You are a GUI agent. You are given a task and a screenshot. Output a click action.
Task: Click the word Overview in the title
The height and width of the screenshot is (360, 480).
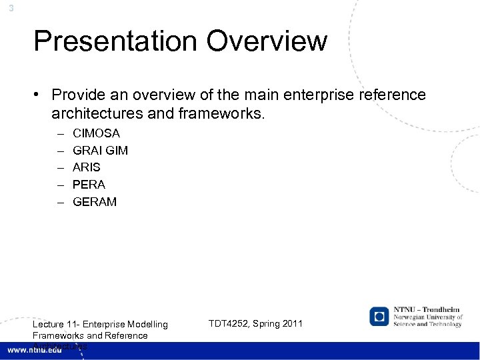click(267, 41)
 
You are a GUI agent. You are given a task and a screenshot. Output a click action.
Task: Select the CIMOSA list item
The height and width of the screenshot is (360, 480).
click(96, 134)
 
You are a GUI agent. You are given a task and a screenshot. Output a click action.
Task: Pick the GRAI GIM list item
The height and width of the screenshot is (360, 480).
click(100, 151)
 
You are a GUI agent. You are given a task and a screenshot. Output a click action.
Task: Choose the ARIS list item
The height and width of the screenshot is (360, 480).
click(87, 167)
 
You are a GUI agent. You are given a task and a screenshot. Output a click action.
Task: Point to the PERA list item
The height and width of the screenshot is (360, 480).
click(89, 184)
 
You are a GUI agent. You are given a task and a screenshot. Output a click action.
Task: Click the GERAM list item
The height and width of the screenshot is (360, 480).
click(94, 201)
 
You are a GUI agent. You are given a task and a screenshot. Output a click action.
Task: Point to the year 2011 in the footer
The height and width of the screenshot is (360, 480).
click(291, 324)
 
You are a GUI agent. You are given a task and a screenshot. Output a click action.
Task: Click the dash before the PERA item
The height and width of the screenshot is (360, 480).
click(59, 184)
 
